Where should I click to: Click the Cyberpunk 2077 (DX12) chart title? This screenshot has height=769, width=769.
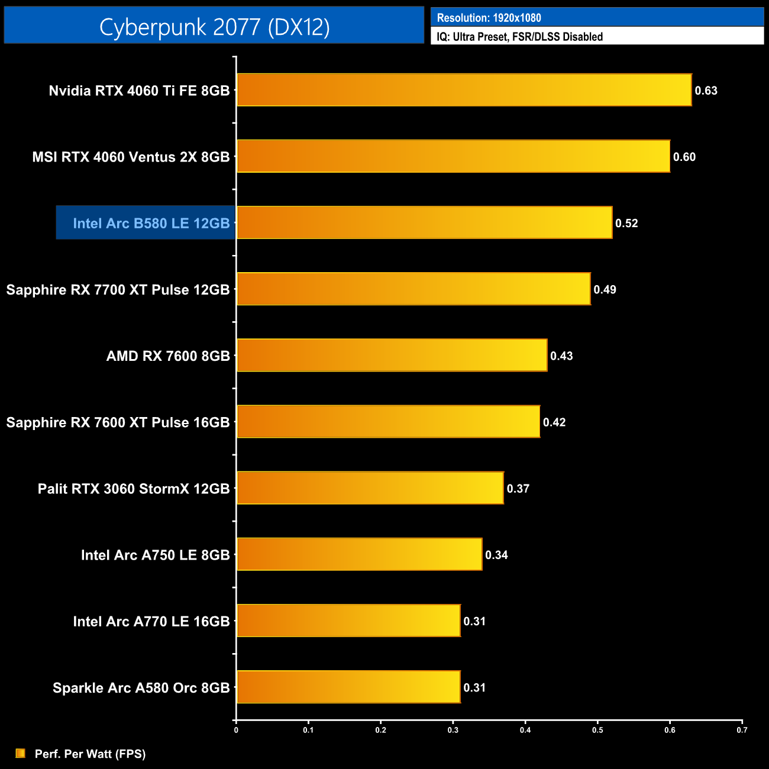point(214,27)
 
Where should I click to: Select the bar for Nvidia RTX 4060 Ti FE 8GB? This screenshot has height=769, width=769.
point(464,90)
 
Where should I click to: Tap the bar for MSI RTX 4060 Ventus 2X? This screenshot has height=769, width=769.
point(453,156)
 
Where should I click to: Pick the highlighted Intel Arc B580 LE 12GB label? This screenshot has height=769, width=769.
point(151,223)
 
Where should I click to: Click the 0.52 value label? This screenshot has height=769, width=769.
point(626,223)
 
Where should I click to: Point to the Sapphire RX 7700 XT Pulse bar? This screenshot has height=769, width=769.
point(413,289)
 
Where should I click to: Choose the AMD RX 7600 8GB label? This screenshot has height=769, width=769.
point(168,356)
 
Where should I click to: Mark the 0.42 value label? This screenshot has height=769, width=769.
point(554,422)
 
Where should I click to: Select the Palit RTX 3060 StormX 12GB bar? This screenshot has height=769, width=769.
point(370,488)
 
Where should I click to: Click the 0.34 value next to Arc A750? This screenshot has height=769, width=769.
point(496,555)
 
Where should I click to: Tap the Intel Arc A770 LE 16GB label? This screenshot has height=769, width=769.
point(151,621)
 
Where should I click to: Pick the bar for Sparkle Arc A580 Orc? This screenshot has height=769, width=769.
point(348,687)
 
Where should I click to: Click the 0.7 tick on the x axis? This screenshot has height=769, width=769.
point(742,730)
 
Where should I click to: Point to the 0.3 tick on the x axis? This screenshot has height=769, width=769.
point(453,730)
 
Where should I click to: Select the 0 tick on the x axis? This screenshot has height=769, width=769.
point(236,730)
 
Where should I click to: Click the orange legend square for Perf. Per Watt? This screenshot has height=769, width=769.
point(21,753)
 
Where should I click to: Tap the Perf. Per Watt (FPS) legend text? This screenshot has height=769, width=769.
point(90,754)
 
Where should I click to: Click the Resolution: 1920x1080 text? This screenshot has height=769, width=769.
point(489,18)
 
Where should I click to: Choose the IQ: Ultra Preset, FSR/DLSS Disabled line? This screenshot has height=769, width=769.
point(519,37)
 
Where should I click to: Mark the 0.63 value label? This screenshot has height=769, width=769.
point(706,91)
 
